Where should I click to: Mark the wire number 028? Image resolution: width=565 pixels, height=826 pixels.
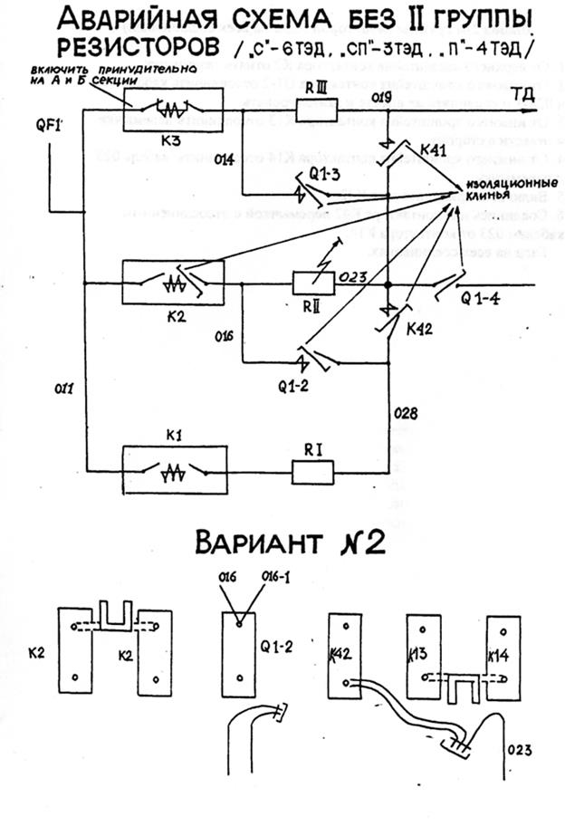408,415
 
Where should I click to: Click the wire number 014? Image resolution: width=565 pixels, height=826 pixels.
225,158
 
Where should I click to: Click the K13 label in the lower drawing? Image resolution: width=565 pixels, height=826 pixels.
420,654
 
